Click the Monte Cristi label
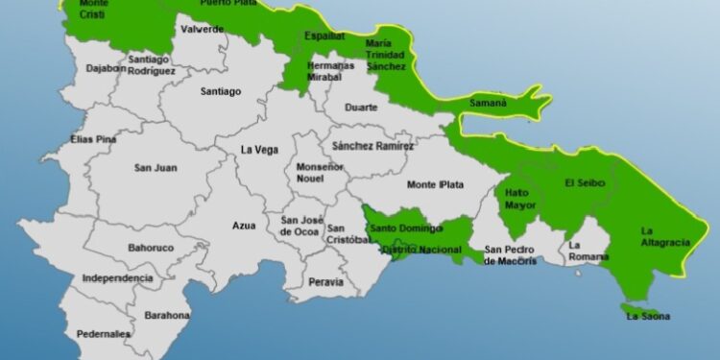93,10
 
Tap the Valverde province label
202,30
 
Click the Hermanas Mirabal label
303,71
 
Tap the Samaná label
488,103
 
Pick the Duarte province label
362,108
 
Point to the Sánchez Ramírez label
372,146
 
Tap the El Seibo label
584,183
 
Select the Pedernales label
105,334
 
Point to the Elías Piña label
93,139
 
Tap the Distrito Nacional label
420,251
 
